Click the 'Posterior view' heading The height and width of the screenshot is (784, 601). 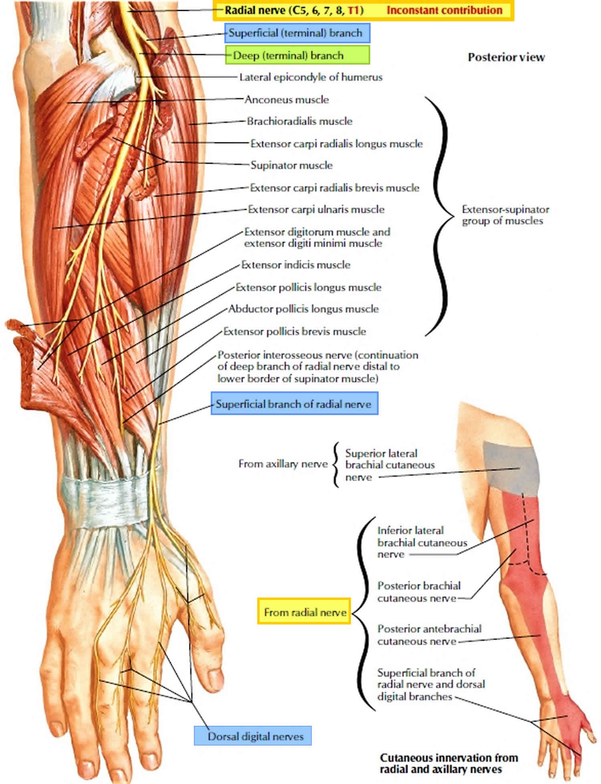[x=506, y=57]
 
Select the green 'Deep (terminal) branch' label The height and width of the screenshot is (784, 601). [x=297, y=55]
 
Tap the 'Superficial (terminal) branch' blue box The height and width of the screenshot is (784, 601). [x=297, y=33]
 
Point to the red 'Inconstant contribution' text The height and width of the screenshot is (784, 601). [x=444, y=10]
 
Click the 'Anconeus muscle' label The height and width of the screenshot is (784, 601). [x=286, y=99]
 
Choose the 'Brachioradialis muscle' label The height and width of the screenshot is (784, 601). [x=299, y=121]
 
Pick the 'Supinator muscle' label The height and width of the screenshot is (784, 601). [x=291, y=165]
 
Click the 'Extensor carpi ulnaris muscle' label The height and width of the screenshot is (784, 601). [x=316, y=209]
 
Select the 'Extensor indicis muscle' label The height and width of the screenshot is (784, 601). [x=296, y=265]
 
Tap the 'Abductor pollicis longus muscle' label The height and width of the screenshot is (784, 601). [x=303, y=309]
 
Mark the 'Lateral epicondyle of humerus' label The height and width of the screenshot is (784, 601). [x=311, y=77]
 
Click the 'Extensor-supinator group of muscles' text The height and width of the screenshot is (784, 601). [x=505, y=215]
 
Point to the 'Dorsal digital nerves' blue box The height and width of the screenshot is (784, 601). [x=253, y=736]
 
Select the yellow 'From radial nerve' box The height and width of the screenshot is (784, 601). [x=304, y=612]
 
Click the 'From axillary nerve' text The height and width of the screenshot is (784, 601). [x=283, y=464]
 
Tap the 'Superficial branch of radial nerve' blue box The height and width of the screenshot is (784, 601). [x=294, y=404]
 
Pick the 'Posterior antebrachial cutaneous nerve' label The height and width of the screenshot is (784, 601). [x=429, y=635]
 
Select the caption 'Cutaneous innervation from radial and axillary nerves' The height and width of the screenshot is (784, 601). [x=449, y=763]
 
